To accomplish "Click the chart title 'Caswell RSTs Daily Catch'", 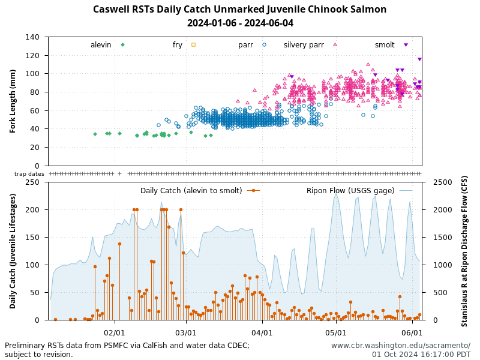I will click(x=239, y=10).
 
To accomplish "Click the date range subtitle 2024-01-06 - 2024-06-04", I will click(x=239, y=23).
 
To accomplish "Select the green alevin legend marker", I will click(x=122, y=44).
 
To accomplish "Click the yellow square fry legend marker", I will click(x=193, y=44).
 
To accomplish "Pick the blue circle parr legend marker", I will click(x=264, y=44).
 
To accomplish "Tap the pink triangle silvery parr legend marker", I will click(x=335, y=44).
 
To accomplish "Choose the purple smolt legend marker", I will click(x=406, y=45).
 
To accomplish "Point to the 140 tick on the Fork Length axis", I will click(x=34, y=37).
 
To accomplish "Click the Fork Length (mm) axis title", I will click(x=13, y=101).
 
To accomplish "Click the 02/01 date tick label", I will click(x=114, y=332).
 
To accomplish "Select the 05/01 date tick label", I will click(x=336, y=332).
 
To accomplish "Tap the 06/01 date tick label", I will click(x=412, y=332).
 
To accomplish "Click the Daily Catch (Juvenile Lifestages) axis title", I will click(x=13, y=251).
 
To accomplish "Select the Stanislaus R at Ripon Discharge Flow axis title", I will click(x=464, y=251).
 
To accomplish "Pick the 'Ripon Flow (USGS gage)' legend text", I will click(x=350, y=191).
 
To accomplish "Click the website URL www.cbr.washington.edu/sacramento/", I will click(x=401, y=346).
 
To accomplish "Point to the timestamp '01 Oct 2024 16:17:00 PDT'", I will click(x=421, y=354).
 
